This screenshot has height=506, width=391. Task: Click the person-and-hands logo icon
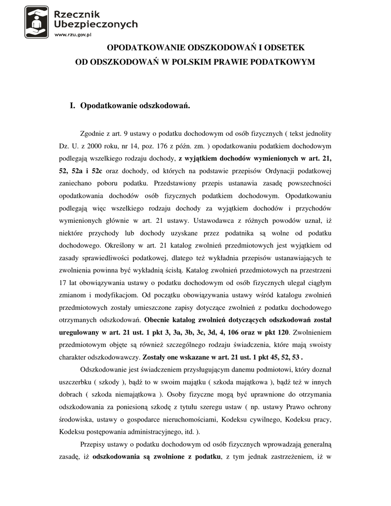point(37,22)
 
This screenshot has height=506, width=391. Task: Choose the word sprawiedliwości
point(107,258)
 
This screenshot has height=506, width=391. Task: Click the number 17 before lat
point(63,283)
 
